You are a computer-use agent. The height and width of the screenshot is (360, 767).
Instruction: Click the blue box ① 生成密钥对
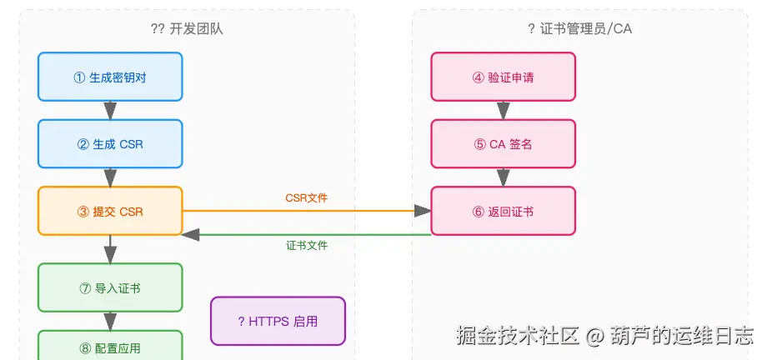110,77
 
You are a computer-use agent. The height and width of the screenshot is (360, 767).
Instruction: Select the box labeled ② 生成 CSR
110,144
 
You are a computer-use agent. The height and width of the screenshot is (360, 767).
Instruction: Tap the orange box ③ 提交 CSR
110,211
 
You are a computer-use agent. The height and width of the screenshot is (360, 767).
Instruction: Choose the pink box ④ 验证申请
503,77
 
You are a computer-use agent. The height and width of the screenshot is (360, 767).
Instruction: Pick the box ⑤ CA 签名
503,144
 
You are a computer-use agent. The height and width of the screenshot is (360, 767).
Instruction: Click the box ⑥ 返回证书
503,211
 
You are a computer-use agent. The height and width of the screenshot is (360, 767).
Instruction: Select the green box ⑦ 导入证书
110,287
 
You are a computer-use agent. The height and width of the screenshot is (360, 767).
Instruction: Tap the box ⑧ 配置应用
110,345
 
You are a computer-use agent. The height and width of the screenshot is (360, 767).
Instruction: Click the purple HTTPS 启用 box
278,321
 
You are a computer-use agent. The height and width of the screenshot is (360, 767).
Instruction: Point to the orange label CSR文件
307,198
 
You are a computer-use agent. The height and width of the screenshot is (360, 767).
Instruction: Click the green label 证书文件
307,245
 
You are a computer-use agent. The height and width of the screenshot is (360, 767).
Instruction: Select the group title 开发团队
196,29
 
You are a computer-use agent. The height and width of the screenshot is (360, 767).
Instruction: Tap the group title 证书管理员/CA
586,29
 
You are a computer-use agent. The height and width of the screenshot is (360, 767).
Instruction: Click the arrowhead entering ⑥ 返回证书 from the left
422,211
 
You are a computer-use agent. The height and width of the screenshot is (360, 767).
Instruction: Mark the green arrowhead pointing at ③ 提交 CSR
191,235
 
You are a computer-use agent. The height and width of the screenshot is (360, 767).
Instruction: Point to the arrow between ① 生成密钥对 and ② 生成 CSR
111,111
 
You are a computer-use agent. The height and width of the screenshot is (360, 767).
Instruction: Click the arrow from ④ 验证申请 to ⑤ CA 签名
504,111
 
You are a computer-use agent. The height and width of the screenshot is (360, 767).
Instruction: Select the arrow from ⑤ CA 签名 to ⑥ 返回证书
504,177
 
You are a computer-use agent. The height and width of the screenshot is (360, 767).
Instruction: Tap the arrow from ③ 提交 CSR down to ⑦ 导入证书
111,249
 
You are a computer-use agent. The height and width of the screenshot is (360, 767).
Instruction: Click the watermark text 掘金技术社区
518,336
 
